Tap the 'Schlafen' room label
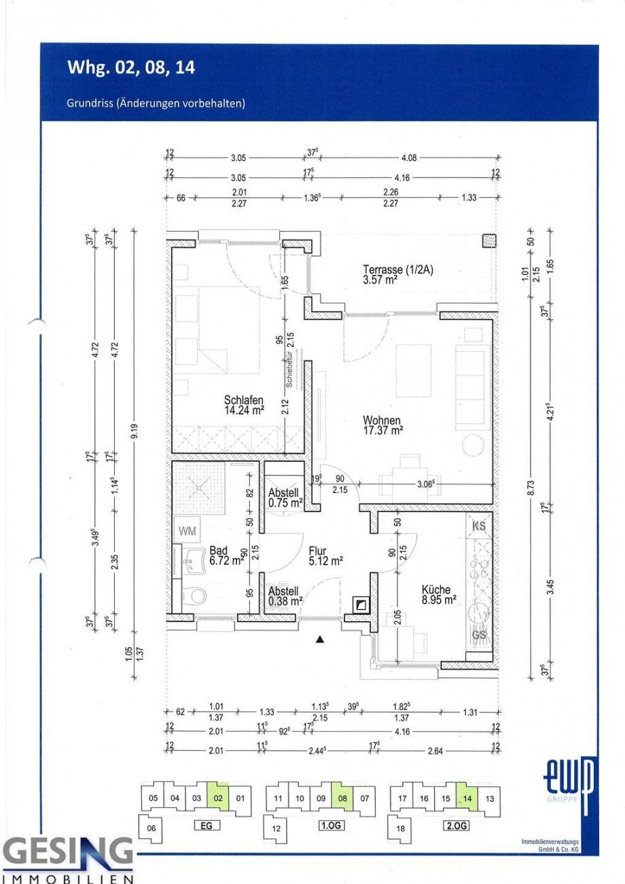click(x=243, y=400)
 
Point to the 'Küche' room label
click(x=435, y=590)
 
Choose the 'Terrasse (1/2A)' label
click(x=397, y=269)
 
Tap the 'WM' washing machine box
click(x=187, y=531)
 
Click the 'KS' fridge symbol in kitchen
click(x=478, y=525)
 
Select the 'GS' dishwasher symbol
click(x=478, y=635)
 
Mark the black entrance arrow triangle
click(x=320, y=639)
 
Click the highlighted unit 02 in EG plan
click(x=217, y=798)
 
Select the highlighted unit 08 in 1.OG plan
click(x=342, y=798)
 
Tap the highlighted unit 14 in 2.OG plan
click(x=467, y=798)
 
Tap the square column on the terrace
click(x=488, y=241)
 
